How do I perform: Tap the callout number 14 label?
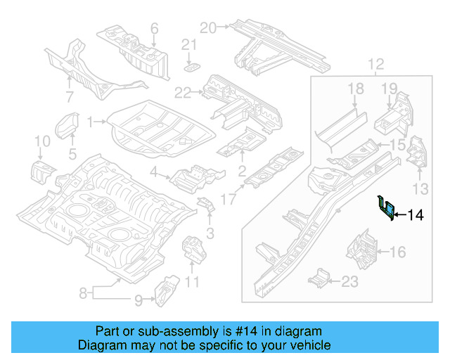point(416,215)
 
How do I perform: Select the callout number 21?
point(187,46)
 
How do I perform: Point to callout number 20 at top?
point(207,27)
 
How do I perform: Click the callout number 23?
point(349,282)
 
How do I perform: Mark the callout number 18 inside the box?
point(356,88)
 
